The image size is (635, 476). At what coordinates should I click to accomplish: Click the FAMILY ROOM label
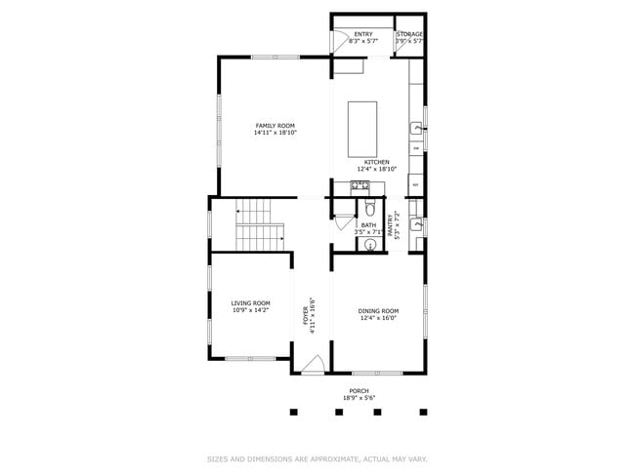275,126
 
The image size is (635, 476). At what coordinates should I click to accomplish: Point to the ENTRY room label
363,34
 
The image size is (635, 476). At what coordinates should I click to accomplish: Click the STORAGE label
409,34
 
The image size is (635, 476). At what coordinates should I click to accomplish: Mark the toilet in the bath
369,209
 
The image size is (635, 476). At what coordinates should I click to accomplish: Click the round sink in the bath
368,246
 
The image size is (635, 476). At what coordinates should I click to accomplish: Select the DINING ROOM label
378,311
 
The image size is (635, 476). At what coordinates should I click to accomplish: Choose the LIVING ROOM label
250,303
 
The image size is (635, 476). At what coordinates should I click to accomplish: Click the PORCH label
360,390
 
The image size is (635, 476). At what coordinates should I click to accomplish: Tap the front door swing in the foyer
312,365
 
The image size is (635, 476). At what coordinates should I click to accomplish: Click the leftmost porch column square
292,412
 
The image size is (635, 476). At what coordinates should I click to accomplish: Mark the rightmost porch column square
423,412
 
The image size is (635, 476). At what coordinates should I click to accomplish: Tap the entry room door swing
341,39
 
